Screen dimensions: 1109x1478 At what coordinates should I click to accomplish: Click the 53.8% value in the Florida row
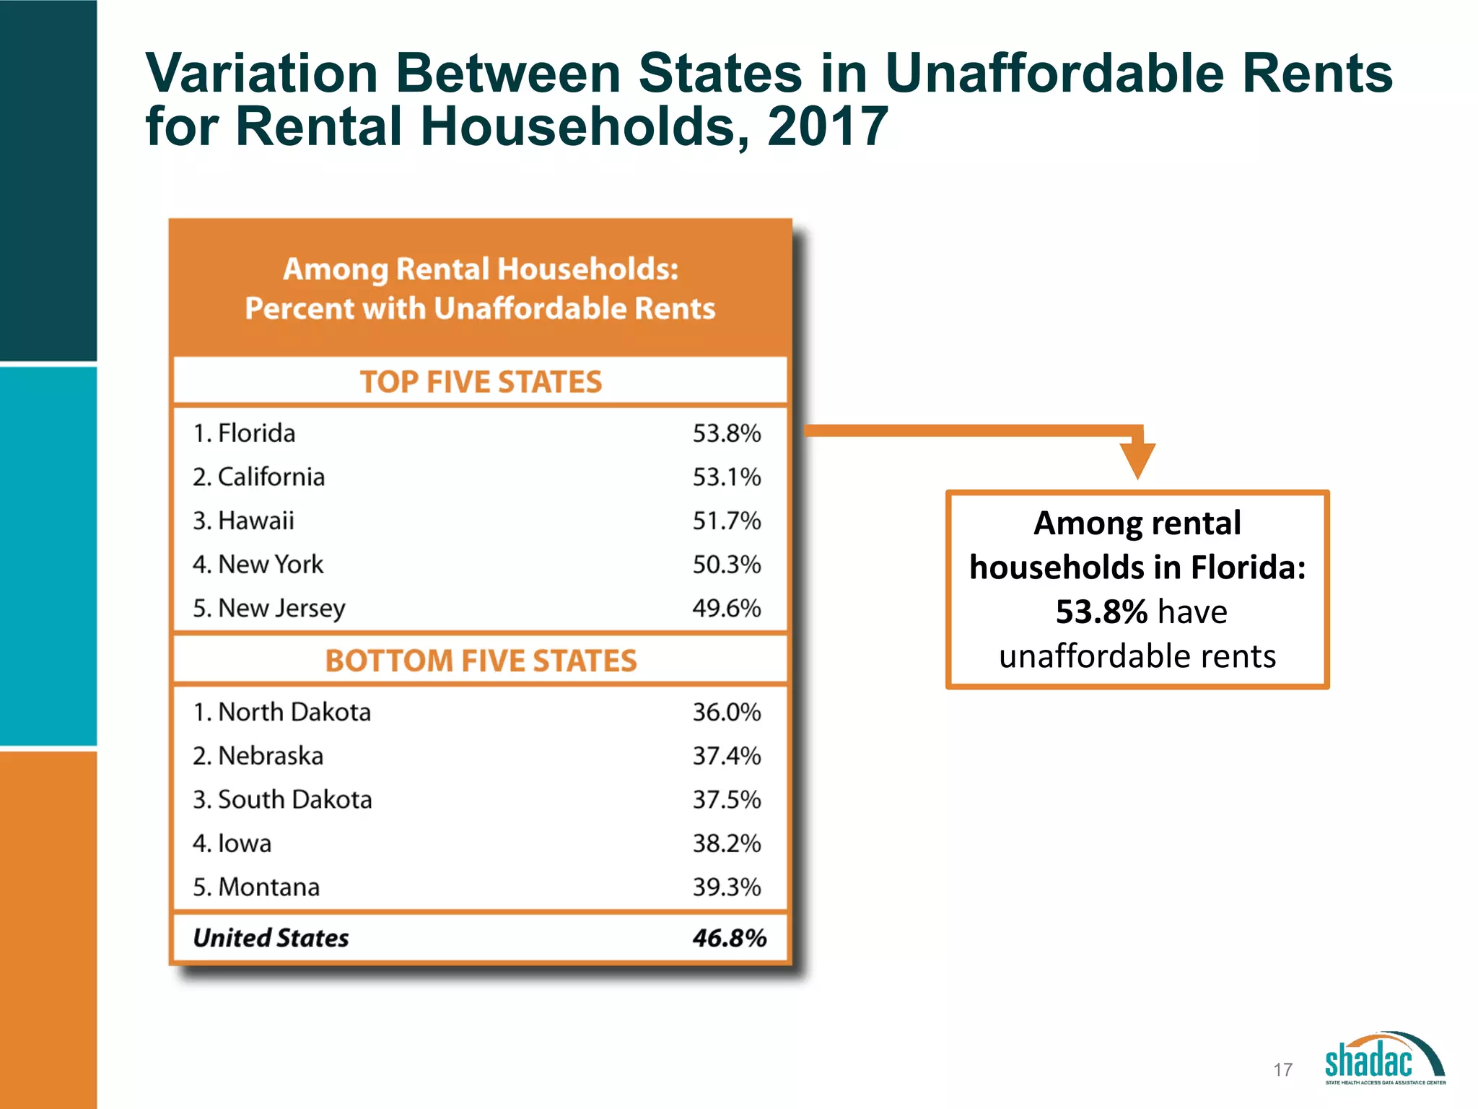[726, 433]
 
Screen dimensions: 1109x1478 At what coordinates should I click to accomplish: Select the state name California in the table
[271, 477]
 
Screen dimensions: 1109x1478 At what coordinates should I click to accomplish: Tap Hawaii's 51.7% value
[726, 521]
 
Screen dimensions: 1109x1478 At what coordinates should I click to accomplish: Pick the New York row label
[270, 565]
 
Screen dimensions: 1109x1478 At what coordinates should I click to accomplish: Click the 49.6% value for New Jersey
[726, 608]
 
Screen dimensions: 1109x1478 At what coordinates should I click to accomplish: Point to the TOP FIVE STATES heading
[481, 382]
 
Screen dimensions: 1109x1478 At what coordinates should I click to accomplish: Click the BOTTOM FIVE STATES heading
[481, 661]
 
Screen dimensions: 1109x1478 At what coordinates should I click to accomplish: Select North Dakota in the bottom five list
[294, 713]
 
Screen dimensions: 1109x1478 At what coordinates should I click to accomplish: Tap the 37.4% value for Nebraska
[726, 756]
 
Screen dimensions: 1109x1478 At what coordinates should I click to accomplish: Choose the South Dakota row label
[294, 800]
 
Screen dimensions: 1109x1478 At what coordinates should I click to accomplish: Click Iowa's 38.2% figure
[726, 843]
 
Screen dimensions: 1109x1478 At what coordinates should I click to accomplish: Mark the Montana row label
[268, 887]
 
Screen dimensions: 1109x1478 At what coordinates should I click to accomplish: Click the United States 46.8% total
[729, 938]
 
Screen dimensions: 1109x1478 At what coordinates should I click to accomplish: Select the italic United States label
[271, 938]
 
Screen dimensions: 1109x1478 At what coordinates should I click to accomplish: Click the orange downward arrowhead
[1137, 460]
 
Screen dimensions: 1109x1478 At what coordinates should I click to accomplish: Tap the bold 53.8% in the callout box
[1101, 612]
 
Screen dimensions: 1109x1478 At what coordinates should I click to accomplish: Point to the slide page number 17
[1282, 1069]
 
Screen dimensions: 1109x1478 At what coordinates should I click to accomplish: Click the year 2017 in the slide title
[826, 127]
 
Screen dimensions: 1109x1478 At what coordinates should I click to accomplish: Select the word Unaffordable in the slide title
[1054, 74]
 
